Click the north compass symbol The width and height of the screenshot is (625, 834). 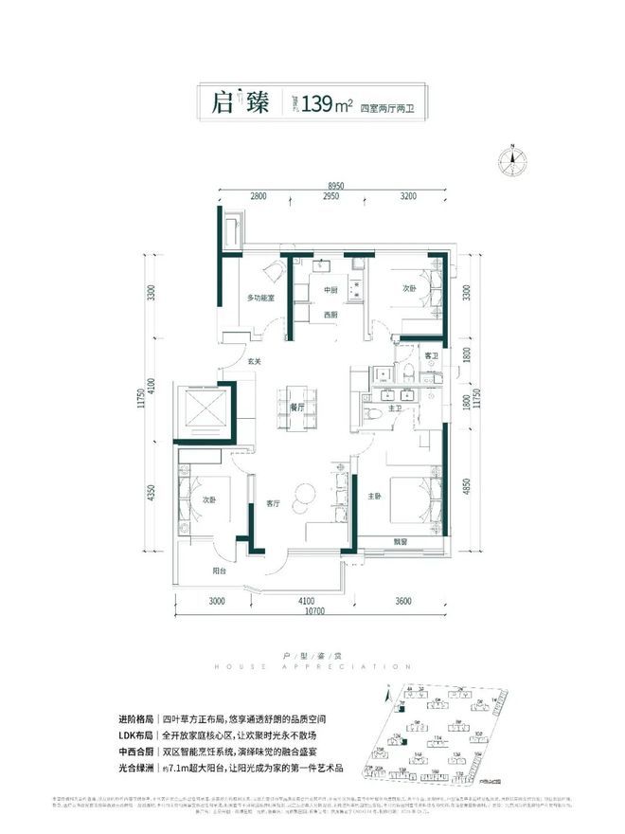pyautogui.click(x=511, y=160)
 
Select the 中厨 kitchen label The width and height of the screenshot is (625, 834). pyautogui.click(x=330, y=290)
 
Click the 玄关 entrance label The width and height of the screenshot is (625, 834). pyautogui.click(x=256, y=361)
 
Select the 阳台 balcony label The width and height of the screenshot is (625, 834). pyautogui.click(x=219, y=571)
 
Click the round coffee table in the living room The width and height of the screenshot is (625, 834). pyautogui.click(x=306, y=493)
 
